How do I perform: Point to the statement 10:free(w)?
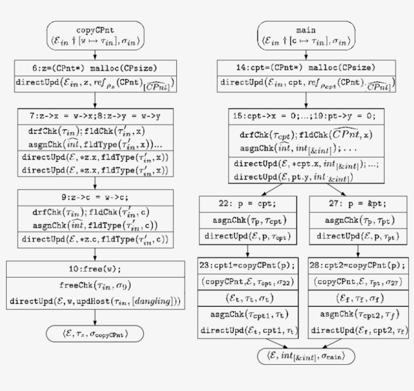tap(95, 267)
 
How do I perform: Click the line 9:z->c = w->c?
tap(95, 197)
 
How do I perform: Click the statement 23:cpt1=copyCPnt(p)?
tap(247, 264)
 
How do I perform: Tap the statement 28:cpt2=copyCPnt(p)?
tap(358, 264)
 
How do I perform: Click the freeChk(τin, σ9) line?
tap(95, 285)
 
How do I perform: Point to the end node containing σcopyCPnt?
tap(95, 333)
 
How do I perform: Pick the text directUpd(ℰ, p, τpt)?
tap(358, 236)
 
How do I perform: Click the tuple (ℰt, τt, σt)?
tap(247, 298)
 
